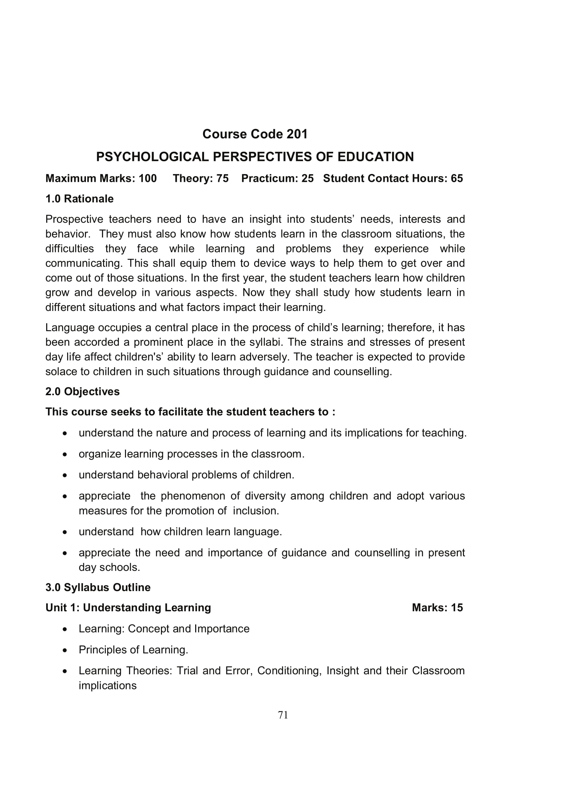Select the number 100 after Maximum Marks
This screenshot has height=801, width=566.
click(148, 178)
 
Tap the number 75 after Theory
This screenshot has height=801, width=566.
click(222, 178)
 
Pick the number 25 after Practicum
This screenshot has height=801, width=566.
click(307, 178)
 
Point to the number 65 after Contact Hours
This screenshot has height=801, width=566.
click(456, 178)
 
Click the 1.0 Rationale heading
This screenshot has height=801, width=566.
click(79, 199)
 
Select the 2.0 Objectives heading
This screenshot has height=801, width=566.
click(82, 391)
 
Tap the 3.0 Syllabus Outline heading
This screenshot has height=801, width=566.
click(98, 587)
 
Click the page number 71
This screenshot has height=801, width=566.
click(283, 715)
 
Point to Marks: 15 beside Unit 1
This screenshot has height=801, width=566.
click(437, 608)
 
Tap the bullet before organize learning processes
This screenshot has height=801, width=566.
click(64, 454)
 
